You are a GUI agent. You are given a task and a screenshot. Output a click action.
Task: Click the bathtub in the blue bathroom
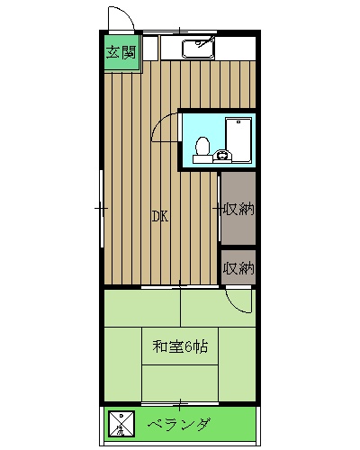pos(238,140)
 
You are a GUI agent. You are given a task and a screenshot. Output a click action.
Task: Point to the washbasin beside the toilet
pos(223,156)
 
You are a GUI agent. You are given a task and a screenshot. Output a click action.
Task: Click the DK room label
pos(158,216)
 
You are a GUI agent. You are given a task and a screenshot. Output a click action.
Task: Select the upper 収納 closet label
pos(239,210)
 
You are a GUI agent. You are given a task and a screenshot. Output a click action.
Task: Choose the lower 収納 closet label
pos(239,267)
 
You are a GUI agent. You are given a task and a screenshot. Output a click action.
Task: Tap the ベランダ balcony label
pos(180,423)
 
